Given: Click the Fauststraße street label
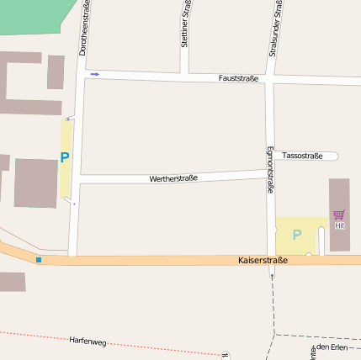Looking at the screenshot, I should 238,78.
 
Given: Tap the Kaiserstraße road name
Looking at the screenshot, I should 263,261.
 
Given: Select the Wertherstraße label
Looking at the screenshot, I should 173,178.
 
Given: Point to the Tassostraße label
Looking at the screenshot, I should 302,156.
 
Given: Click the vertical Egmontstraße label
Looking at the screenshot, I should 270,171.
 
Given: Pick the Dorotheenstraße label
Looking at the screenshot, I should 84,28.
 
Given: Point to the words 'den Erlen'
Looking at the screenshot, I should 332,347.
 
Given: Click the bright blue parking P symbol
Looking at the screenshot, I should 65,157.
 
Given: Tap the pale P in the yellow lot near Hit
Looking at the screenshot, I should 296,235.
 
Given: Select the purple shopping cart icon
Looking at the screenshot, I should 338,215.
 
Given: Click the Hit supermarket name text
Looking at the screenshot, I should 339,225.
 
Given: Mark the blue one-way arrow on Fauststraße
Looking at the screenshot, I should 94,74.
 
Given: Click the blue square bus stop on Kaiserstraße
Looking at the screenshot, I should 39,259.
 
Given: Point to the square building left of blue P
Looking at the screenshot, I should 35,183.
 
